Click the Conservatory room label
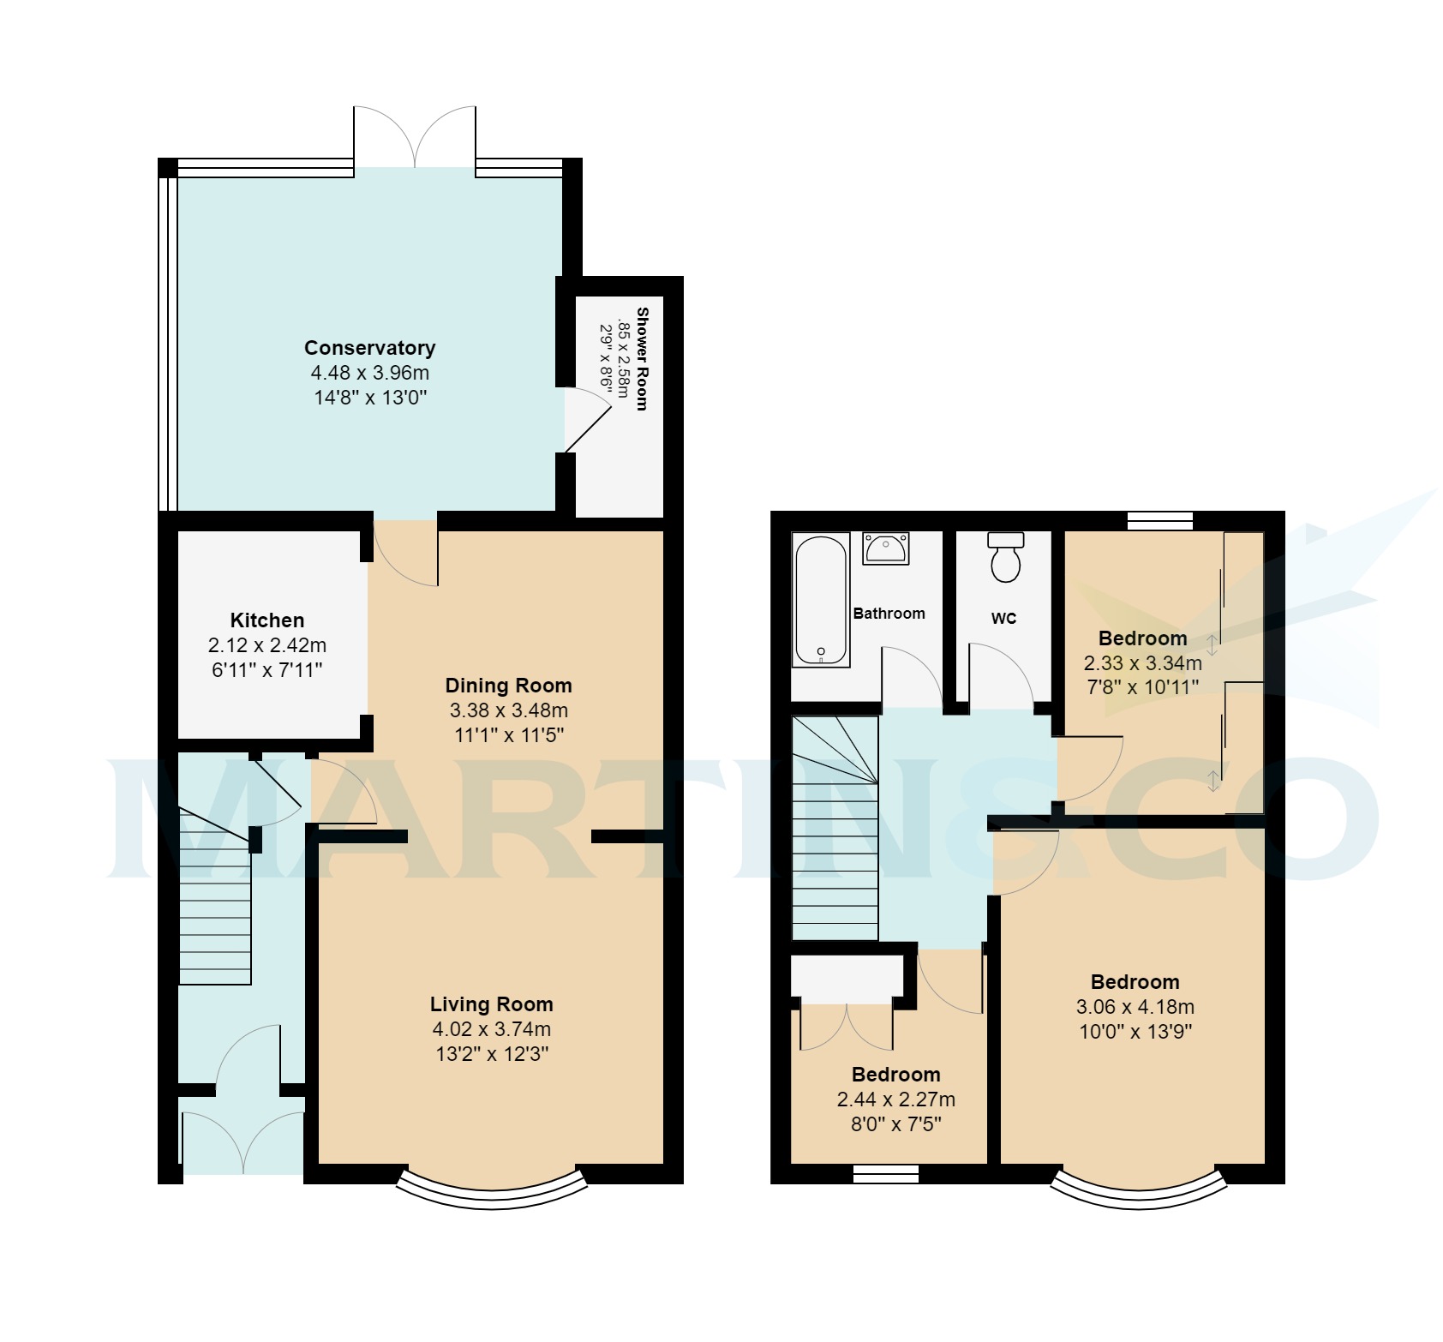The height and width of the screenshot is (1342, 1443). [x=369, y=348]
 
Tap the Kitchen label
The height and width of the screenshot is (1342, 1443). [x=267, y=620]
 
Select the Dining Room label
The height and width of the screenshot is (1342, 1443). [x=508, y=686]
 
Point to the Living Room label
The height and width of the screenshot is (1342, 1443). [x=491, y=1004]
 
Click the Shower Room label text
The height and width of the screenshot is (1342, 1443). [x=642, y=358]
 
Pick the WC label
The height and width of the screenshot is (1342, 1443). [x=1003, y=618]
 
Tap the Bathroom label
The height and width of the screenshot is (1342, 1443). [x=889, y=614]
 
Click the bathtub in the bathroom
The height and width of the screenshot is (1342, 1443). [x=821, y=601]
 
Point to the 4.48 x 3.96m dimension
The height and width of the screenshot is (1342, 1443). [x=369, y=373]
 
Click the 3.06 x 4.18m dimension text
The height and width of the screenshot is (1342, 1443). [x=1135, y=1007]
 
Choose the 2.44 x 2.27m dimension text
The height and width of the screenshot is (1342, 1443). [x=895, y=1099]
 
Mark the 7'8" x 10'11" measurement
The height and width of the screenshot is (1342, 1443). [x=1142, y=686]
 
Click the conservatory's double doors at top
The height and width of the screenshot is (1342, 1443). [x=415, y=137]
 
